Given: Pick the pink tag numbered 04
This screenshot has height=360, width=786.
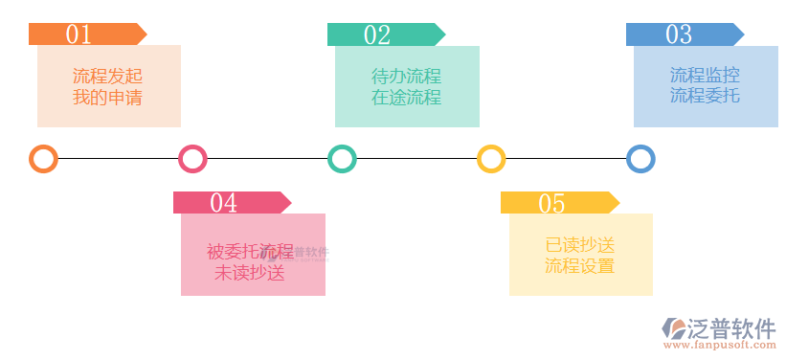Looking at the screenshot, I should coord(231,202).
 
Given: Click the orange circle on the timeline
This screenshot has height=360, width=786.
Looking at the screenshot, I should coord(43,159).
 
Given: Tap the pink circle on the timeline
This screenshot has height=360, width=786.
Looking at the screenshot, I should coord(192,159).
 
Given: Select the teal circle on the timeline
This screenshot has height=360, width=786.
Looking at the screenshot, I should coord(342,159).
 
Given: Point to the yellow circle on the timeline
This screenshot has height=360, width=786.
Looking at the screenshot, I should coord(491,159).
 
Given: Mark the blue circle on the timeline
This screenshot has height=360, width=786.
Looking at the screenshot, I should coord(640,159).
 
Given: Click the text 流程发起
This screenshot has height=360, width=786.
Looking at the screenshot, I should coord(107,75).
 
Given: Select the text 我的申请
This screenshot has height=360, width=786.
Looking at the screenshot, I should coord(107,97).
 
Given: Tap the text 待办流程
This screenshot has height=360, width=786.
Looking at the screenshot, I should coord(406,75).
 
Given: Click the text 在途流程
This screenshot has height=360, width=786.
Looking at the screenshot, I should coord(406,97).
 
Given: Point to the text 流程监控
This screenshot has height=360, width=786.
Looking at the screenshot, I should coord(705,75).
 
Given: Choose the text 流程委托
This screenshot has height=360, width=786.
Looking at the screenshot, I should coord(705,96).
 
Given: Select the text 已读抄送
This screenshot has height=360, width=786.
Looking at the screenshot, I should coord(579,245).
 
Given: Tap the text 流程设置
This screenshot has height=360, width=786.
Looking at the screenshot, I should coord(579,267).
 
